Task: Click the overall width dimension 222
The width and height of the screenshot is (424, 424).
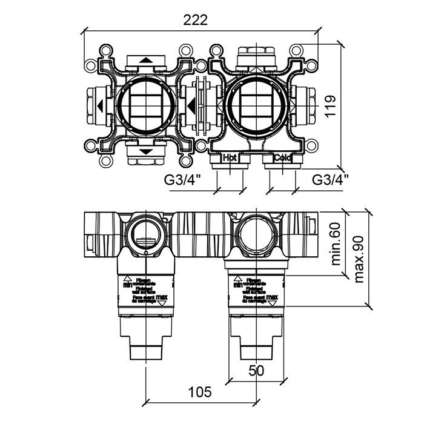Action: click(x=195, y=19)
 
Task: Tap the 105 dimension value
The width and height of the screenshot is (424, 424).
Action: click(x=199, y=392)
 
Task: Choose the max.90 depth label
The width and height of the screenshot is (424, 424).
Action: click(x=360, y=259)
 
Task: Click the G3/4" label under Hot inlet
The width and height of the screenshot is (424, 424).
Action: click(x=182, y=179)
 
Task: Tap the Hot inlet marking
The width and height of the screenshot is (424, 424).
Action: click(x=230, y=157)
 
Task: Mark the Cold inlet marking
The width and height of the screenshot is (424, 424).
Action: click(x=282, y=157)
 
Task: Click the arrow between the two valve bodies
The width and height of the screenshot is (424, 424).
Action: click(x=191, y=107)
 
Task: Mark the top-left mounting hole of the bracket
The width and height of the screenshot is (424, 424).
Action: click(x=107, y=50)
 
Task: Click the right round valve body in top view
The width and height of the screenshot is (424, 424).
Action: click(x=255, y=106)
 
